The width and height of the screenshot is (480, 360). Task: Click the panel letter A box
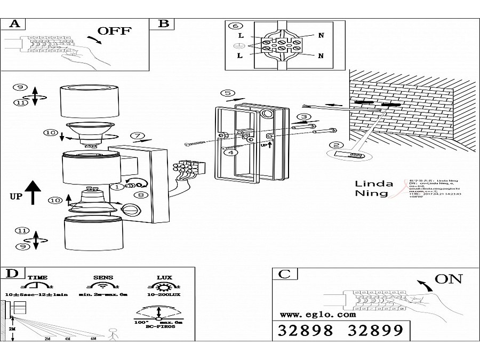[x=14, y=23]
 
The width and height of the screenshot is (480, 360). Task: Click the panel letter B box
[x=164, y=23]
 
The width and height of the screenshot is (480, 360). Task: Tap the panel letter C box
[x=285, y=274]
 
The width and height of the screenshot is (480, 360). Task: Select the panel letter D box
[x=12, y=274]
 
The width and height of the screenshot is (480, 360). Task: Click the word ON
[x=448, y=278]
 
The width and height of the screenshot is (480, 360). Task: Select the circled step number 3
[x=303, y=117]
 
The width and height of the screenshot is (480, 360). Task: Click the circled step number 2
[x=335, y=145]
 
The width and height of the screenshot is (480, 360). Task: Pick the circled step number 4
[x=230, y=153]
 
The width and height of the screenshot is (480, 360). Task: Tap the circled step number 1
[x=115, y=187]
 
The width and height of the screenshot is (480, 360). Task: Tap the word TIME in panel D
[x=37, y=278]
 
